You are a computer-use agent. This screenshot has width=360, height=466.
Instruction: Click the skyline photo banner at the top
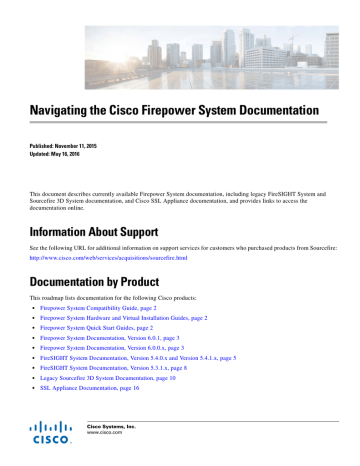click(180, 40)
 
